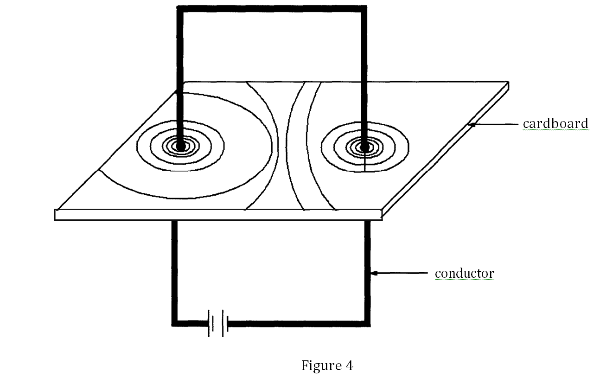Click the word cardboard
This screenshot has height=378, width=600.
pos(555,124)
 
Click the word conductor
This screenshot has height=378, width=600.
pos(464,274)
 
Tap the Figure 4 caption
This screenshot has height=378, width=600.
pos(327,365)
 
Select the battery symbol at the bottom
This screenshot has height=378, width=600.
pos(217,323)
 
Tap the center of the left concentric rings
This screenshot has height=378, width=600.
pos(180,146)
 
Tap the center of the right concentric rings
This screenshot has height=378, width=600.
pos(364,147)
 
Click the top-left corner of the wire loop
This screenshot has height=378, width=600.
pos(180,9)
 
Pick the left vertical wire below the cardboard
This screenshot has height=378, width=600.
pos(174,269)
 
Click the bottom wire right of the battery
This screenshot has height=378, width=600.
pos(297,323)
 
